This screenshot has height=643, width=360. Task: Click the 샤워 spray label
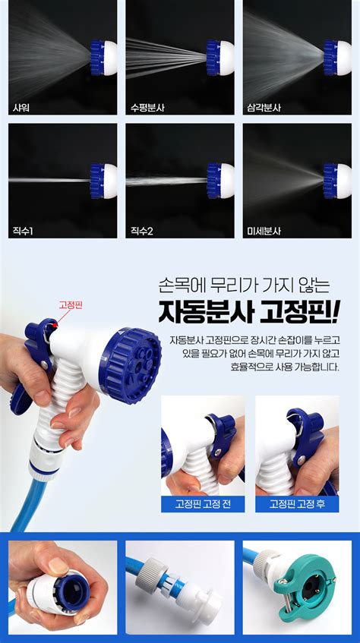point(21,109)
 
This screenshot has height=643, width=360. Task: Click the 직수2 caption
point(141,232)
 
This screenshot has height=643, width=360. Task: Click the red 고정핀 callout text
point(71,305)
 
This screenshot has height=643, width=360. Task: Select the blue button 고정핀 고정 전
point(203,504)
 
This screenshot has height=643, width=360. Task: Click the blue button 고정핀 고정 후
point(297,504)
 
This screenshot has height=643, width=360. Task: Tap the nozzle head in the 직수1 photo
point(103,181)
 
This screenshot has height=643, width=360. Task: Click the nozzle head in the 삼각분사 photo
point(337,58)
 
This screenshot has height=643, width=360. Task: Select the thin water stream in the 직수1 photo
point(49,180)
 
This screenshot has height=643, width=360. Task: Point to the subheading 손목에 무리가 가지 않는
point(244,285)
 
